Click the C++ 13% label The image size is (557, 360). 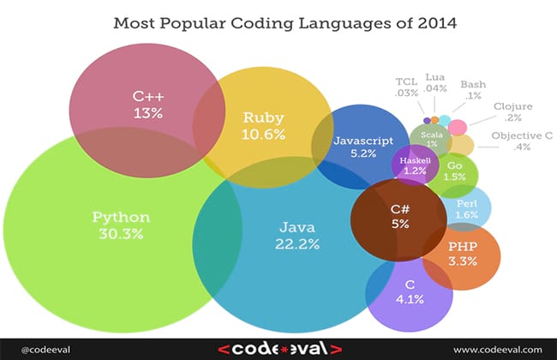tap(143, 104)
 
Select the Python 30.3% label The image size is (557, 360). tap(121, 225)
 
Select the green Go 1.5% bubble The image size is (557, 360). tap(454, 170)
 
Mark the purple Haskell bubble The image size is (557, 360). tap(415, 165)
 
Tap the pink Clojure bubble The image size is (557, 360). tap(458, 127)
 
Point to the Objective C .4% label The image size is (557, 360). tap(522, 141)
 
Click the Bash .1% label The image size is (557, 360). tap(473, 91)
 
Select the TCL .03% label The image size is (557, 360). tap(406, 87)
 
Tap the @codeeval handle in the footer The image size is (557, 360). tap(39, 349)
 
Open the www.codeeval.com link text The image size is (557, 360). tap(497, 349)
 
